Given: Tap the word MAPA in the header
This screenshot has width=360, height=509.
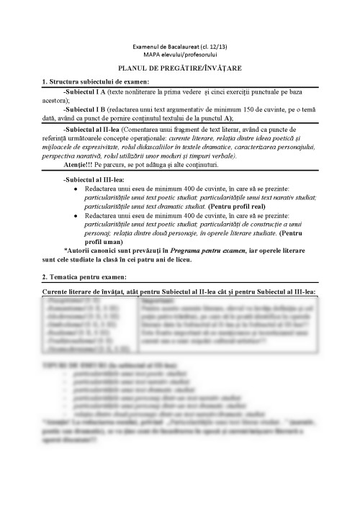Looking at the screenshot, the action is pyautogui.click(x=152, y=53).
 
